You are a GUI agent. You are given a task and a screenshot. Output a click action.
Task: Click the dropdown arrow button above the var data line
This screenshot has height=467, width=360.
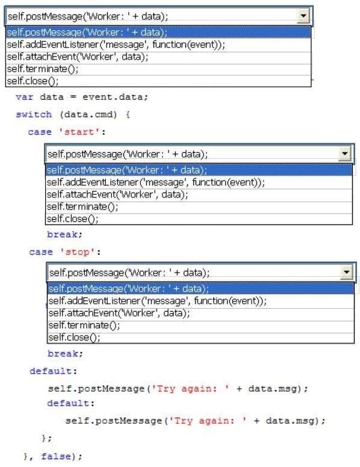303,16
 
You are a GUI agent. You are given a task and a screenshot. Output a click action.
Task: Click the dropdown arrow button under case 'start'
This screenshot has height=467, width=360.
344,153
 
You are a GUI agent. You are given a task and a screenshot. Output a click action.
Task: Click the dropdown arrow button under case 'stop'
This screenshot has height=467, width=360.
346,272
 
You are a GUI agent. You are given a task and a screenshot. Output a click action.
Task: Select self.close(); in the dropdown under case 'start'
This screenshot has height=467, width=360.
73,219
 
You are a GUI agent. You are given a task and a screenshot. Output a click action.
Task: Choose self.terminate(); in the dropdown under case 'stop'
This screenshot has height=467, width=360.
84,325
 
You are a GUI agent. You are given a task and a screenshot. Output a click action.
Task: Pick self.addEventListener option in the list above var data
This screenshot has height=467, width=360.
116,45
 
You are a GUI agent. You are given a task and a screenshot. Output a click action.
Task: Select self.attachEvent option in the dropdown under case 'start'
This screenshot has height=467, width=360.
117,194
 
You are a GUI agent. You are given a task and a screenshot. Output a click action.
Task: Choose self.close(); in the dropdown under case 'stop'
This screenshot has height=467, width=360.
75,338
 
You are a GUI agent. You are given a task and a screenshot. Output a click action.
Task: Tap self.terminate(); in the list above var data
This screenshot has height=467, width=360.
43,69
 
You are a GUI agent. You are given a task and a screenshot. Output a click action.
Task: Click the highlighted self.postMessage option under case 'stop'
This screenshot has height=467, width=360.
129,289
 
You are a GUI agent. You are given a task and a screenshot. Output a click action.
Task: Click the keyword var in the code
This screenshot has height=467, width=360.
25,97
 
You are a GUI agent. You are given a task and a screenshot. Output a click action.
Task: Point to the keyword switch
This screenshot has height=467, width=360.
34,114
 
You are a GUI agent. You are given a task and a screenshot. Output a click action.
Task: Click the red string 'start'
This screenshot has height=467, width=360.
79,132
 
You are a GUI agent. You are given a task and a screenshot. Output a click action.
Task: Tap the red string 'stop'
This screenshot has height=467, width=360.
77,252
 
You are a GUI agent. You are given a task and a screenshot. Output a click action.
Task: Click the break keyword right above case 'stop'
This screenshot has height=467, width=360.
64,234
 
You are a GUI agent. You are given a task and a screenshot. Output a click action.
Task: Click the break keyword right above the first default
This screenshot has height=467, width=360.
65,353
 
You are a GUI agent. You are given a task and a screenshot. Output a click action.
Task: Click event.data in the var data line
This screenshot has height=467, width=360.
115,97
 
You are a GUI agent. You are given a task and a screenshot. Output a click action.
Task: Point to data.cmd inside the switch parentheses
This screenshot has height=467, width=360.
88,115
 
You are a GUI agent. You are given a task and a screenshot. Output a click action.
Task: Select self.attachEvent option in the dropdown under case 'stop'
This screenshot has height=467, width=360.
119,313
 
